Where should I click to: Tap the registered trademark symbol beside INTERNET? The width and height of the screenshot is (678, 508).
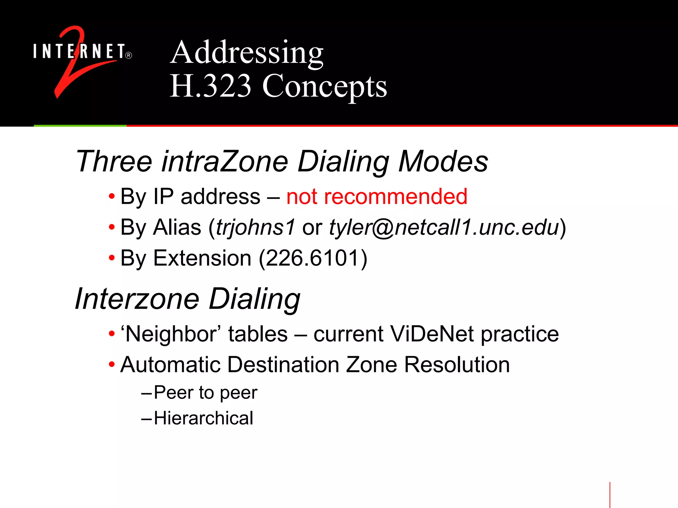(129, 55)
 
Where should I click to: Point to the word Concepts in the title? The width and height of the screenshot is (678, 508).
(324, 87)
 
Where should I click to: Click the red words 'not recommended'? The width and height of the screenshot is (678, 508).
(377, 196)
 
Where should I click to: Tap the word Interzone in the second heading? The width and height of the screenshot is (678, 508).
(137, 299)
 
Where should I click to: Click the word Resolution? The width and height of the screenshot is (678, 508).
(457, 365)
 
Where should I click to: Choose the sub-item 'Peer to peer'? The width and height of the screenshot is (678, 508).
(205, 393)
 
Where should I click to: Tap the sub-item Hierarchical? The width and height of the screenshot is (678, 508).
(204, 418)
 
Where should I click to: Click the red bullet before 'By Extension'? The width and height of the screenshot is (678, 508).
(112, 258)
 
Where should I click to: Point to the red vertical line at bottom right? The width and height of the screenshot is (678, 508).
(610, 495)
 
